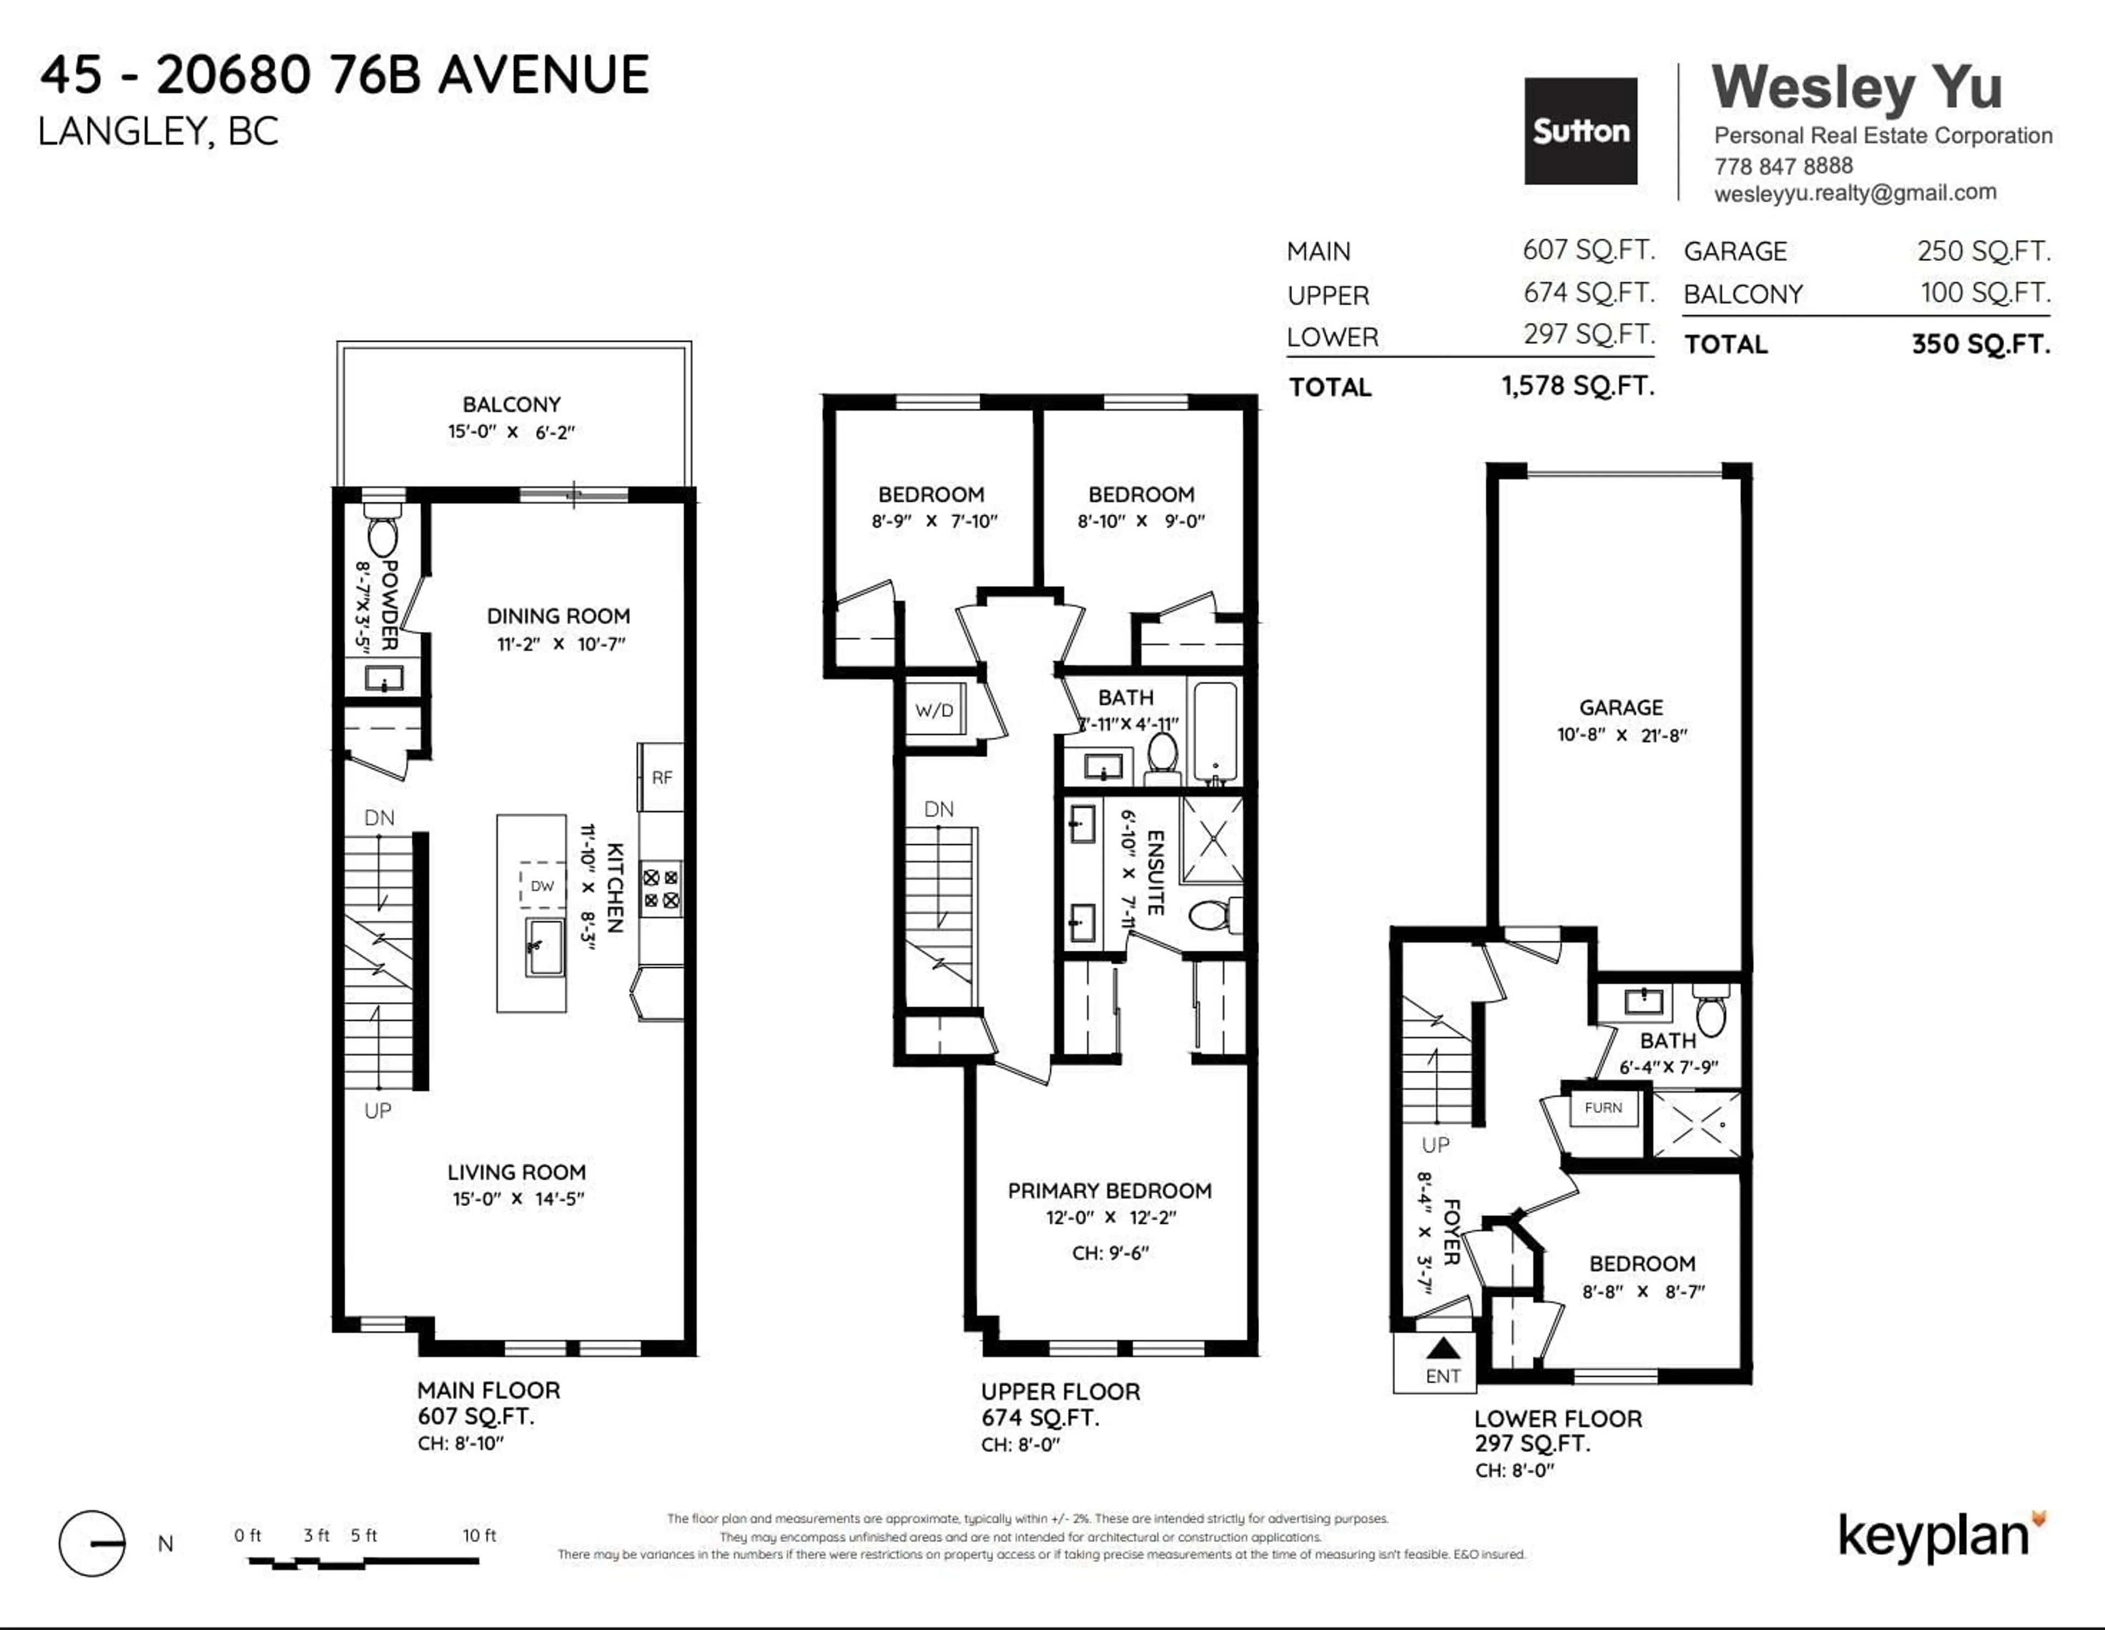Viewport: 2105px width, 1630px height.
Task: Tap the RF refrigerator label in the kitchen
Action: (x=661, y=777)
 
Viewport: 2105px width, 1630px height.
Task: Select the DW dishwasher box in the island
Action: (x=542, y=885)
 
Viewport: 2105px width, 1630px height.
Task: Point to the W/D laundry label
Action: (x=934, y=710)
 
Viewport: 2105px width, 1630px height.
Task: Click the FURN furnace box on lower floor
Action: (x=1603, y=1108)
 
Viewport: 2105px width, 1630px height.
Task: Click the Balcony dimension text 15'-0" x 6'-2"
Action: (x=511, y=432)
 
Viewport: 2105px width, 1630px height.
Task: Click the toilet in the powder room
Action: (x=383, y=536)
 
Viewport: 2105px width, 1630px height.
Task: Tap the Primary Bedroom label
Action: (x=1110, y=1190)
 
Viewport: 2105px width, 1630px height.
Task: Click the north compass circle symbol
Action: (x=92, y=1543)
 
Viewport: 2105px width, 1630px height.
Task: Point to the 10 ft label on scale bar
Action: (x=479, y=1536)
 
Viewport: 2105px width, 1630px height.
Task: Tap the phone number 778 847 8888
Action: (x=1783, y=166)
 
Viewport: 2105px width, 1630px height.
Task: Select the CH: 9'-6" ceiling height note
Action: (x=1110, y=1253)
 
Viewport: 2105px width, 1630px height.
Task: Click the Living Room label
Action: (x=516, y=1172)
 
